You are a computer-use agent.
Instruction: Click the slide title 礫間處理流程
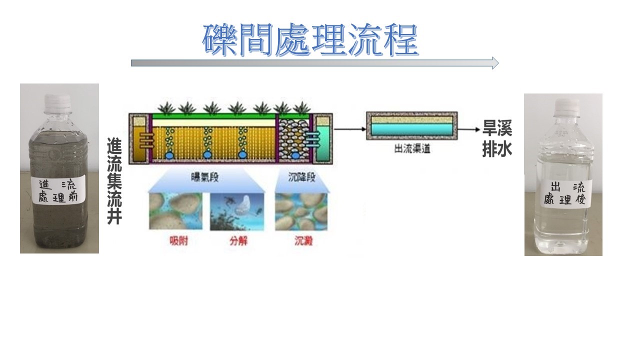click(310, 39)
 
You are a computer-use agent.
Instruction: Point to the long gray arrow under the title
click(314, 62)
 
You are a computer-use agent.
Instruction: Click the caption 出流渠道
click(413, 149)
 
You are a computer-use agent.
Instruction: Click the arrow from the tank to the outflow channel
click(349, 129)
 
